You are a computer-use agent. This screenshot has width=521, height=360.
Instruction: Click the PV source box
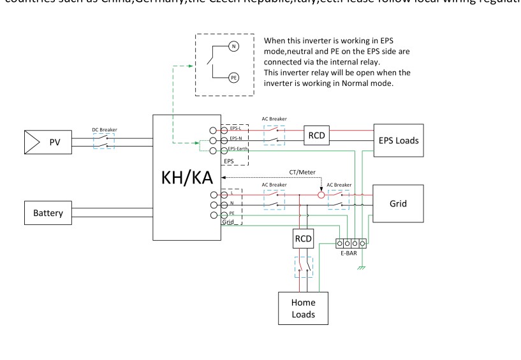(x=48, y=142)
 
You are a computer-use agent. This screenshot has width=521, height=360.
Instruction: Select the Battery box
(x=48, y=213)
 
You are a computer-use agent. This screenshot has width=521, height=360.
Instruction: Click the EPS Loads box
(x=396, y=141)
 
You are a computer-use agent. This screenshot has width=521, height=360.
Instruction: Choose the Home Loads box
(x=301, y=308)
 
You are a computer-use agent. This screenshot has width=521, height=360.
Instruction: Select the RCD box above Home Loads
(x=302, y=238)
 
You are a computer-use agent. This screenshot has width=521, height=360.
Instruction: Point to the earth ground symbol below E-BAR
(x=362, y=266)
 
